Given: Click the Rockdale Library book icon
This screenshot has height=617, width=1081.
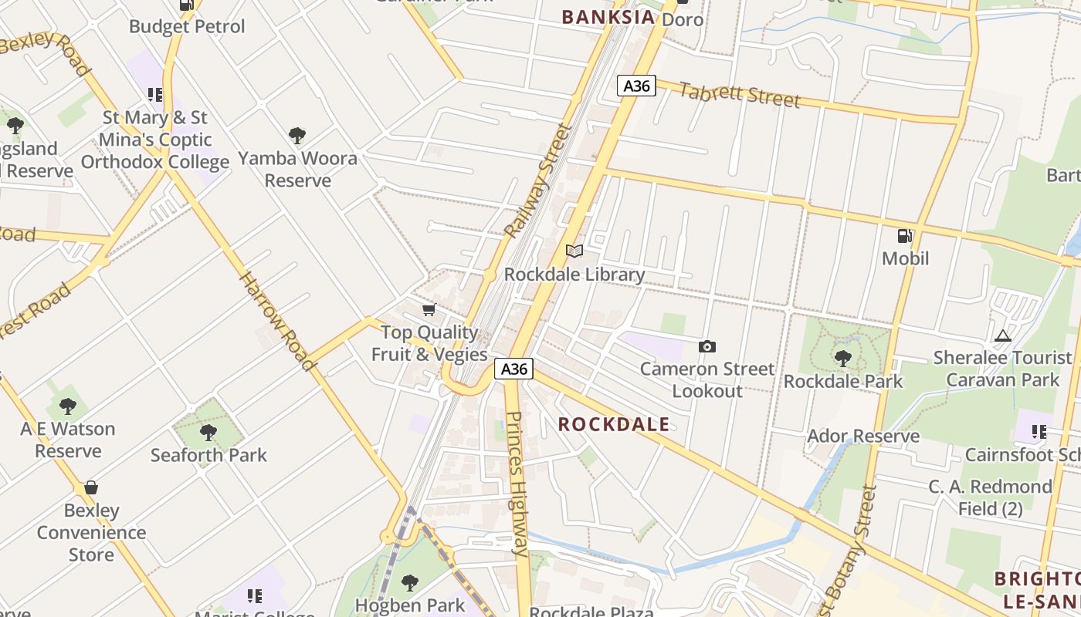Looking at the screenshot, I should tap(574, 251).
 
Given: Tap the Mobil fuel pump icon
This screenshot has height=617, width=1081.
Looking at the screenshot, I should tap(905, 236).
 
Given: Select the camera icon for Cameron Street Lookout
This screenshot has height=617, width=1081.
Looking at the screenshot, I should tap(707, 347).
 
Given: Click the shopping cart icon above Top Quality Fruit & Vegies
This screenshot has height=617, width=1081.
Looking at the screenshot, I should tap(429, 310).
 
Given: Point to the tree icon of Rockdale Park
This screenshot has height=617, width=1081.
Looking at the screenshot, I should tap(842, 359).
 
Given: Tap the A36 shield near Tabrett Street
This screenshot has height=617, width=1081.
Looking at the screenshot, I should tap(636, 86).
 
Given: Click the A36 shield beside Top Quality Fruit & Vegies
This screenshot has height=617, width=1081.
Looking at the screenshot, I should tap(514, 369).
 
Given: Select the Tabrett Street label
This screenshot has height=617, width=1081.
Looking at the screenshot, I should tap(739, 94).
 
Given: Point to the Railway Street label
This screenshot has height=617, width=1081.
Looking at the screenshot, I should tap(538, 181).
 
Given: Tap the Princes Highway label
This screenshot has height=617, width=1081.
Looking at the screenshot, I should tap(517, 484).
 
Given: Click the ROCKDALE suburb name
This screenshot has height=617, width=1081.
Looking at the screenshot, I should tap(613, 424).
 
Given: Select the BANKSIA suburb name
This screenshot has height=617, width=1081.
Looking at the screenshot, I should tap(608, 17).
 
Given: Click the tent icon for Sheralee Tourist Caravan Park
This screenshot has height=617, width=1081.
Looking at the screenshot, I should tap(1003, 335).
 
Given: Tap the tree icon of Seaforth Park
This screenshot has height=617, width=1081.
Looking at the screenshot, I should tap(208, 432).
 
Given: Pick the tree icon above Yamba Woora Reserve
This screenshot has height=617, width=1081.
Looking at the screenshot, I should tap(297, 136).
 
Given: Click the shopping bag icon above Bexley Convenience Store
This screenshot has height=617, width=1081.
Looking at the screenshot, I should tap(91, 487).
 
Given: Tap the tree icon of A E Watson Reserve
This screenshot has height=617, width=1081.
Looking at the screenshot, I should tap(68, 406).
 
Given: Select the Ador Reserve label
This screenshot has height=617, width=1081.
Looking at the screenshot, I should tap(863, 437).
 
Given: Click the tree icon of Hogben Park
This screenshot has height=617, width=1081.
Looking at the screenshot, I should tap(410, 582).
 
